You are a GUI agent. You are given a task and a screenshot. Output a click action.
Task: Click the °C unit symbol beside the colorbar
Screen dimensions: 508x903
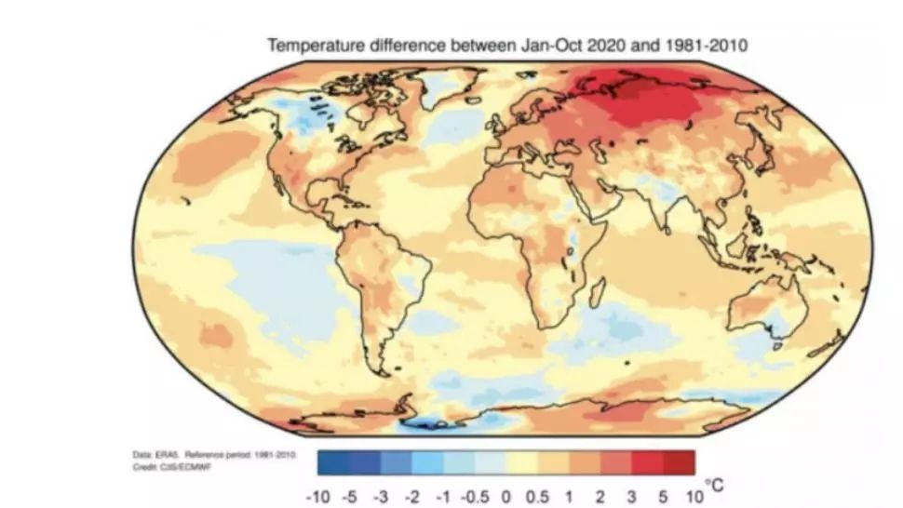(712, 484)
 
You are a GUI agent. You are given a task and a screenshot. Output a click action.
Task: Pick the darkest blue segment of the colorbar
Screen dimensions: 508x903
(332, 462)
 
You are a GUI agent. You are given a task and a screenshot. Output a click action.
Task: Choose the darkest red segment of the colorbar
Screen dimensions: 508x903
(680, 462)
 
